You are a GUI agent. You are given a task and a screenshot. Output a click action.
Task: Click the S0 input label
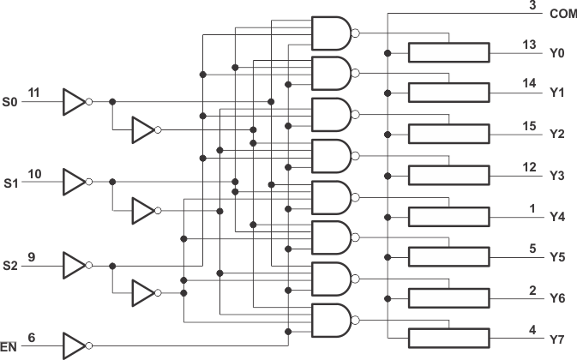9,101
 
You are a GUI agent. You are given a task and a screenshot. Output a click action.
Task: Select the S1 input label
9,183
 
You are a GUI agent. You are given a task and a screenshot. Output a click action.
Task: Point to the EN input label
9,347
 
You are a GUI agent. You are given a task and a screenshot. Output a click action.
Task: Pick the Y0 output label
556,53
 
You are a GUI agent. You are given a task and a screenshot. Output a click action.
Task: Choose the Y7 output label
556,340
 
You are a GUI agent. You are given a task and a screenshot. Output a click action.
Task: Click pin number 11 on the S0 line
33,92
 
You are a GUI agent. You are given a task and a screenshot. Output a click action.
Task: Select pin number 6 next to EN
32,338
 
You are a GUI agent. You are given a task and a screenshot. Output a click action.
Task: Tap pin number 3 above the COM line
532,5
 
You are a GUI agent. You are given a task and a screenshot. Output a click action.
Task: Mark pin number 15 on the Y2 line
531,126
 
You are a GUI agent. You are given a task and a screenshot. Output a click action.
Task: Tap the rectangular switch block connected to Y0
448,52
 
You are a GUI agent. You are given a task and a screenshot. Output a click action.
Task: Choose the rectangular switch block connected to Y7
448,338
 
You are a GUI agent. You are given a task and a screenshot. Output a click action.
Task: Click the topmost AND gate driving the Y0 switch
332,33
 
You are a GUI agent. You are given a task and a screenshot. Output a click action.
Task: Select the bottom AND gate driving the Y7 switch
332,319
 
